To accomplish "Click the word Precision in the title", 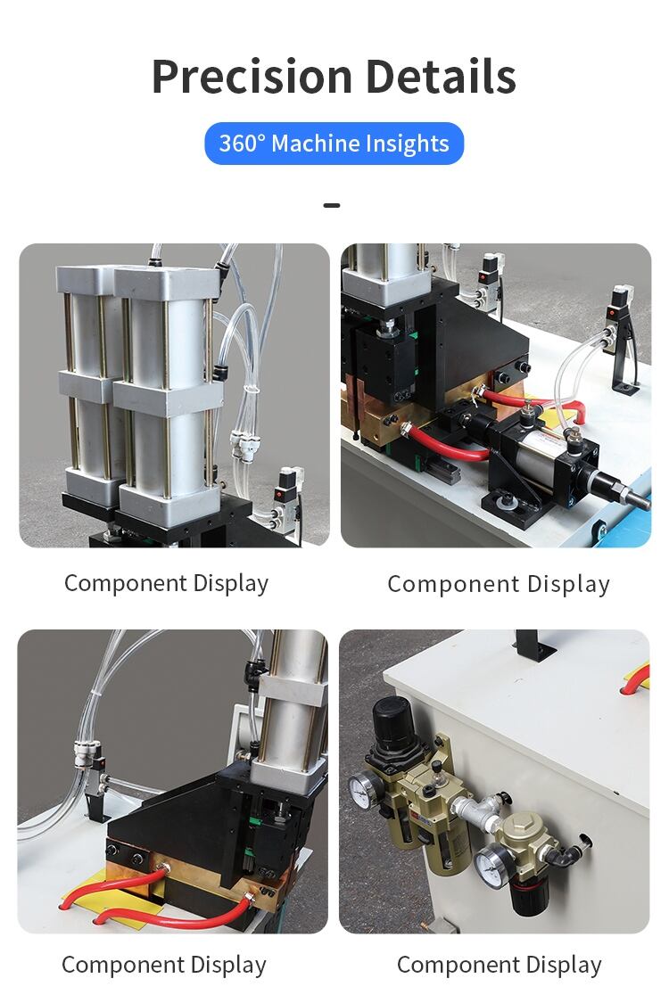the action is pyautogui.click(x=252, y=76).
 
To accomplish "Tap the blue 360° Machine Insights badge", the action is pyautogui.click(x=334, y=144).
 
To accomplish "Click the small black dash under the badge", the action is pyautogui.click(x=331, y=205).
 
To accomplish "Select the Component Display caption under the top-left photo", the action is pyautogui.click(x=166, y=583).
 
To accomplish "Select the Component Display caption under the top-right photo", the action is pyautogui.click(x=499, y=584).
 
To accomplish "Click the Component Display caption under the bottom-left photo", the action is pyautogui.click(x=164, y=966).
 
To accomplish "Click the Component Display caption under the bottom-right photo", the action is pyautogui.click(x=499, y=966).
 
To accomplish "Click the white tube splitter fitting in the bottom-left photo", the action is pyautogui.click(x=85, y=753).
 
